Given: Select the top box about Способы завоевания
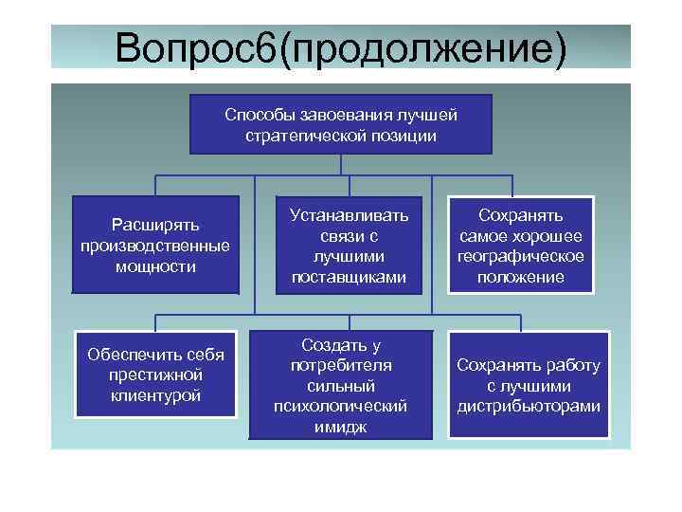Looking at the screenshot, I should [x=341, y=124].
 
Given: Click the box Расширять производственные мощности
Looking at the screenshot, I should [x=155, y=246].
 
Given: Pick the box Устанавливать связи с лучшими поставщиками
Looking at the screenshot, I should [x=337, y=246].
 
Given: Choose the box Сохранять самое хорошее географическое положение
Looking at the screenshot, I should [x=521, y=246].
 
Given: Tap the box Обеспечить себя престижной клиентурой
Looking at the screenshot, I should [x=155, y=375].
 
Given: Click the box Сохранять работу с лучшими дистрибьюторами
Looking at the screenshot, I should [x=529, y=385].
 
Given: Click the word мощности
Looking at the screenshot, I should [x=155, y=266].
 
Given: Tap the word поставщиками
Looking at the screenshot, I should [x=337, y=278].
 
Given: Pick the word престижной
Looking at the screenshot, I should [x=155, y=375].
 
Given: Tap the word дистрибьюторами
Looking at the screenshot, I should [x=529, y=407].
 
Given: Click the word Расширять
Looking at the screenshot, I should [x=155, y=225].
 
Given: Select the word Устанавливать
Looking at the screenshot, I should [x=337, y=215].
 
